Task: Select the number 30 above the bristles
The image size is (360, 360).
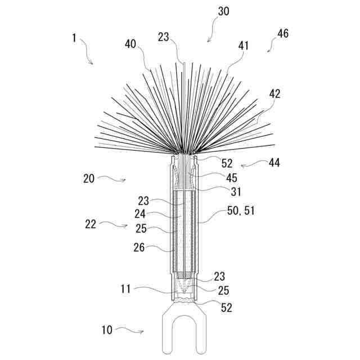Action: (223, 11)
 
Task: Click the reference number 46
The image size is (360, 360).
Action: (283, 34)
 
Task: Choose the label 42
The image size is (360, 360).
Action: (274, 93)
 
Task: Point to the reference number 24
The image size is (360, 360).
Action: (140, 214)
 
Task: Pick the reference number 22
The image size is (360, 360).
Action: (91, 223)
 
